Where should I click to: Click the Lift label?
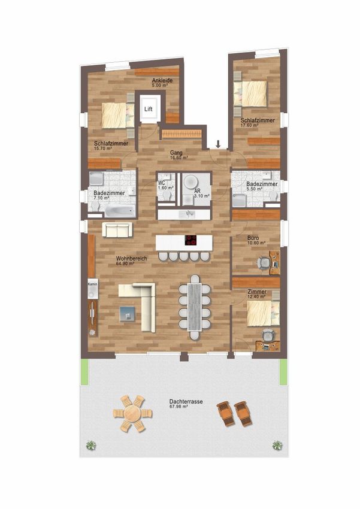[x=149, y=109]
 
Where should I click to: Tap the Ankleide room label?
[x=162, y=80]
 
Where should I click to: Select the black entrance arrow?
[x=219, y=144]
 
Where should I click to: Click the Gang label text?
[x=176, y=153]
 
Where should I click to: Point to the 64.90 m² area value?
[x=125, y=263]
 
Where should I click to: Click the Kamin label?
[x=92, y=284]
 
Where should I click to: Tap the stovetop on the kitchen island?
[x=191, y=240]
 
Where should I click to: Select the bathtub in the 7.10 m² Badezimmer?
[x=120, y=211]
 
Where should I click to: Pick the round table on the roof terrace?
[x=132, y=414]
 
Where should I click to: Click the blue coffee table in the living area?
[x=127, y=314]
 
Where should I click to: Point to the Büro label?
[x=253, y=238]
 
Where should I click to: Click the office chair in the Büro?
[x=264, y=263]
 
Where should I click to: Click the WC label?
[x=161, y=183]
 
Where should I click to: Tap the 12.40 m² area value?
[x=256, y=296]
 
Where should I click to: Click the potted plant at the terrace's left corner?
[x=91, y=445]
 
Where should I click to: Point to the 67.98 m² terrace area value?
[x=179, y=407]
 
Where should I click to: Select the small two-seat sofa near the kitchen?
[x=117, y=229]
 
